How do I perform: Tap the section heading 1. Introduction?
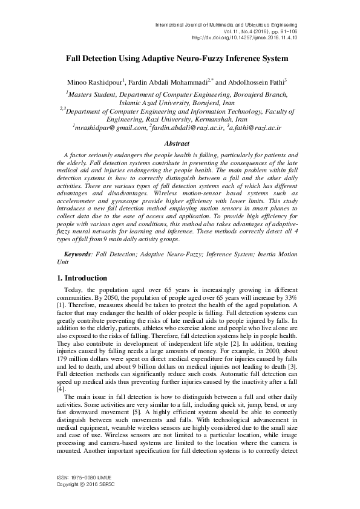point(82,278)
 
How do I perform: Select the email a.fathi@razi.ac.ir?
point(258,128)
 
